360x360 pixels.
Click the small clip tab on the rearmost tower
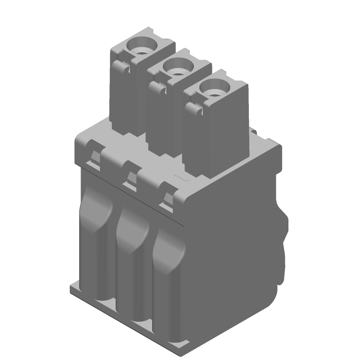click(119, 67)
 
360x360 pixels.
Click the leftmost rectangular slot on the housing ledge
click(94, 157)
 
